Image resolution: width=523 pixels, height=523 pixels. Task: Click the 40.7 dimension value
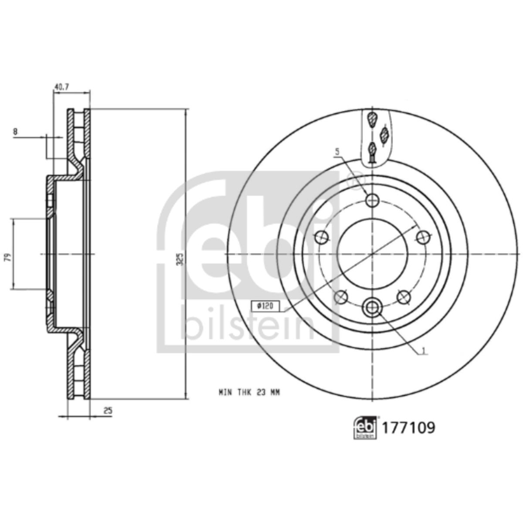62,87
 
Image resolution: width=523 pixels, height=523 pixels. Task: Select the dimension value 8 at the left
15,132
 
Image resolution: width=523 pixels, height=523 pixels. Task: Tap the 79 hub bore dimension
9,257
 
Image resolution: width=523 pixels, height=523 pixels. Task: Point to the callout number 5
337,152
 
